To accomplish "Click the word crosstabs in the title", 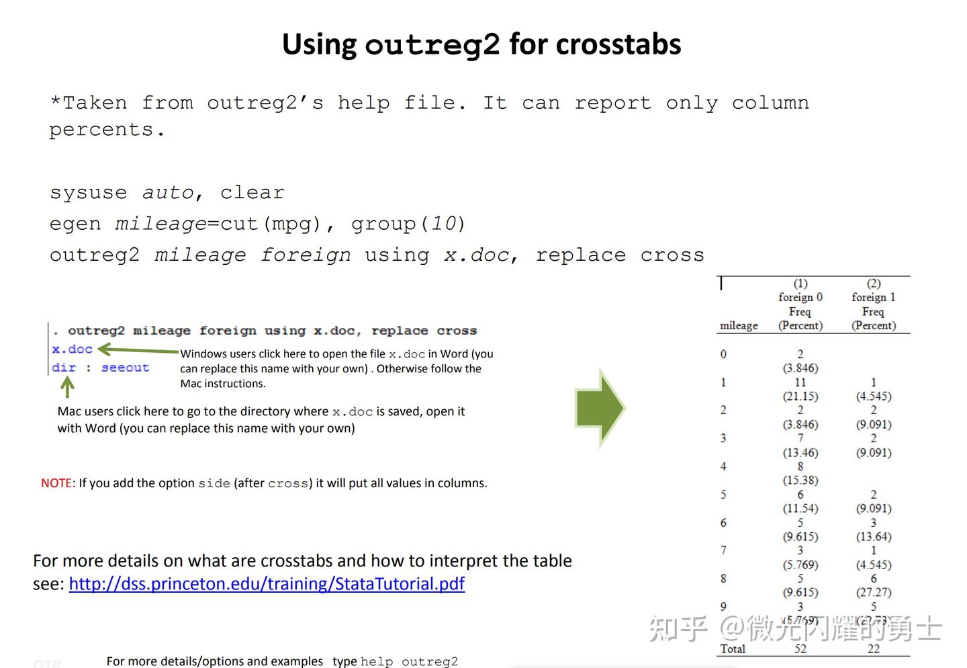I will click(x=618, y=44).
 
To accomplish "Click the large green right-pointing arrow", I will click(x=600, y=407).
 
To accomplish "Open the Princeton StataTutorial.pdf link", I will click(x=267, y=583).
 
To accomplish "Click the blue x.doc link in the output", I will click(x=72, y=349).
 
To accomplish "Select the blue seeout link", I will click(x=125, y=368).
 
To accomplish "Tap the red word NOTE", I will click(x=56, y=483).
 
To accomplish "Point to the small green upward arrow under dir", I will click(x=67, y=387).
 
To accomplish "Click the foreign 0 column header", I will click(x=800, y=297).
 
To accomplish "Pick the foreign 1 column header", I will click(x=873, y=297).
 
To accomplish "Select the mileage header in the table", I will click(x=739, y=325).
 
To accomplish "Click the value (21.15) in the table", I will click(x=800, y=396).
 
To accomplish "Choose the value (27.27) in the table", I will click(x=873, y=592).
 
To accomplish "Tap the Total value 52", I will click(x=800, y=649).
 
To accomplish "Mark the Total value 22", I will click(x=873, y=649).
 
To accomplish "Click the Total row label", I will click(x=733, y=649).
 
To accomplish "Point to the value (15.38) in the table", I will click(x=800, y=480).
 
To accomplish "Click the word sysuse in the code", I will click(x=88, y=193).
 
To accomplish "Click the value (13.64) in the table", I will click(x=873, y=536).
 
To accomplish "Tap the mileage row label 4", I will click(x=723, y=466).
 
